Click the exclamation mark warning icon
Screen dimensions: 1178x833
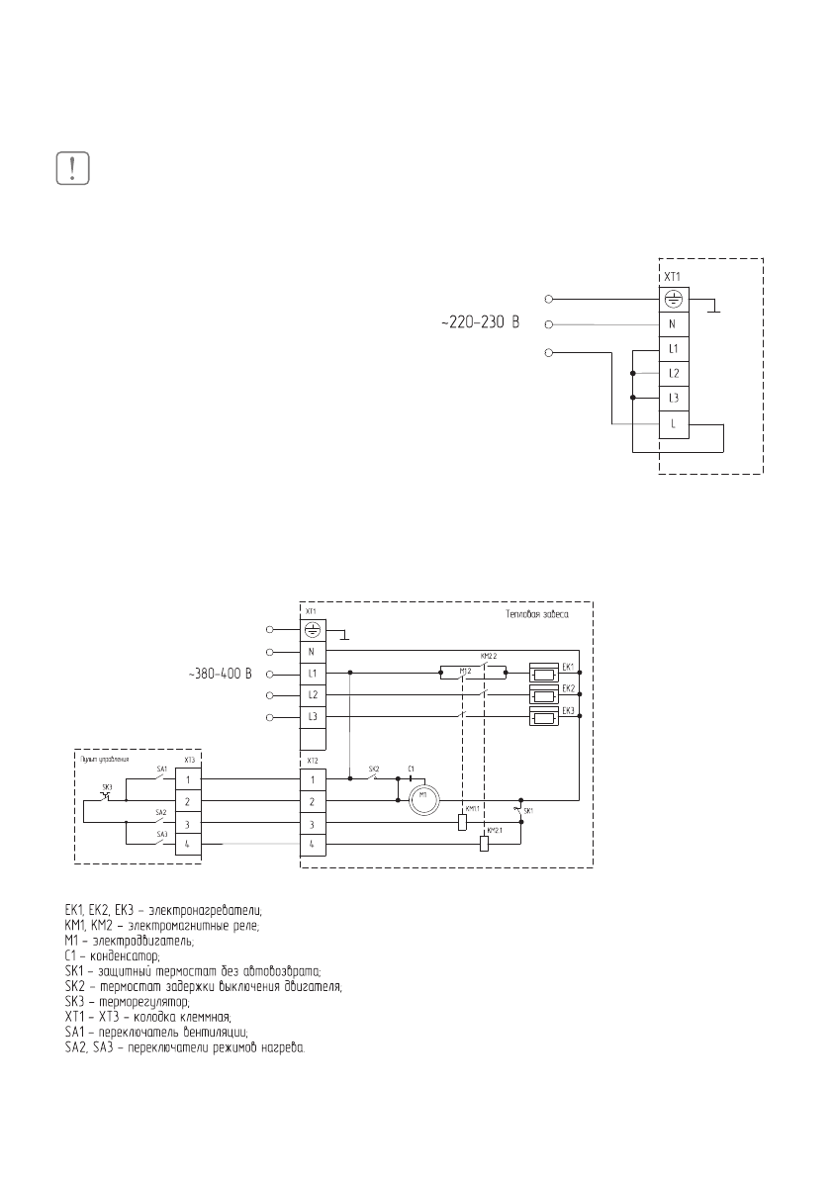pyautogui.click(x=72, y=167)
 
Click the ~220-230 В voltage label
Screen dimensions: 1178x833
pyautogui.click(x=479, y=323)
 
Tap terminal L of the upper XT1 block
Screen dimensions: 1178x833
pyautogui.click(x=673, y=424)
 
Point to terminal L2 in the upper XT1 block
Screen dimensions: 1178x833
pyautogui.click(x=673, y=373)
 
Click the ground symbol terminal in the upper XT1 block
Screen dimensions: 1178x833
pyautogui.click(x=673, y=297)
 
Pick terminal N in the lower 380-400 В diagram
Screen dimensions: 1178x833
pyautogui.click(x=313, y=652)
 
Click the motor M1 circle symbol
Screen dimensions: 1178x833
pyautogui.click(x=422, y=799)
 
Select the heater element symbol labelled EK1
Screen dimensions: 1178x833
pyautogui.click(x=544, y=674)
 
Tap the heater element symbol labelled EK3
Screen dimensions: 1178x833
pyautogui.click(x=544, y=717)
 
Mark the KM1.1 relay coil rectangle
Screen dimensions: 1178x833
pyautogui.click(x=462, y=822)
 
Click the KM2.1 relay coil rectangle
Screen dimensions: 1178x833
pyautogui.click(x=483, y=844)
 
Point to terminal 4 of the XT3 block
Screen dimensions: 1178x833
pyautogui.click(x=188, y=844)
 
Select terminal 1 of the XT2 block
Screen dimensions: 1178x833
pyautogui.click(x=313, y=779)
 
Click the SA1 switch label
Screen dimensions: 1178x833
pyautogui.click(x=162, y=769)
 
